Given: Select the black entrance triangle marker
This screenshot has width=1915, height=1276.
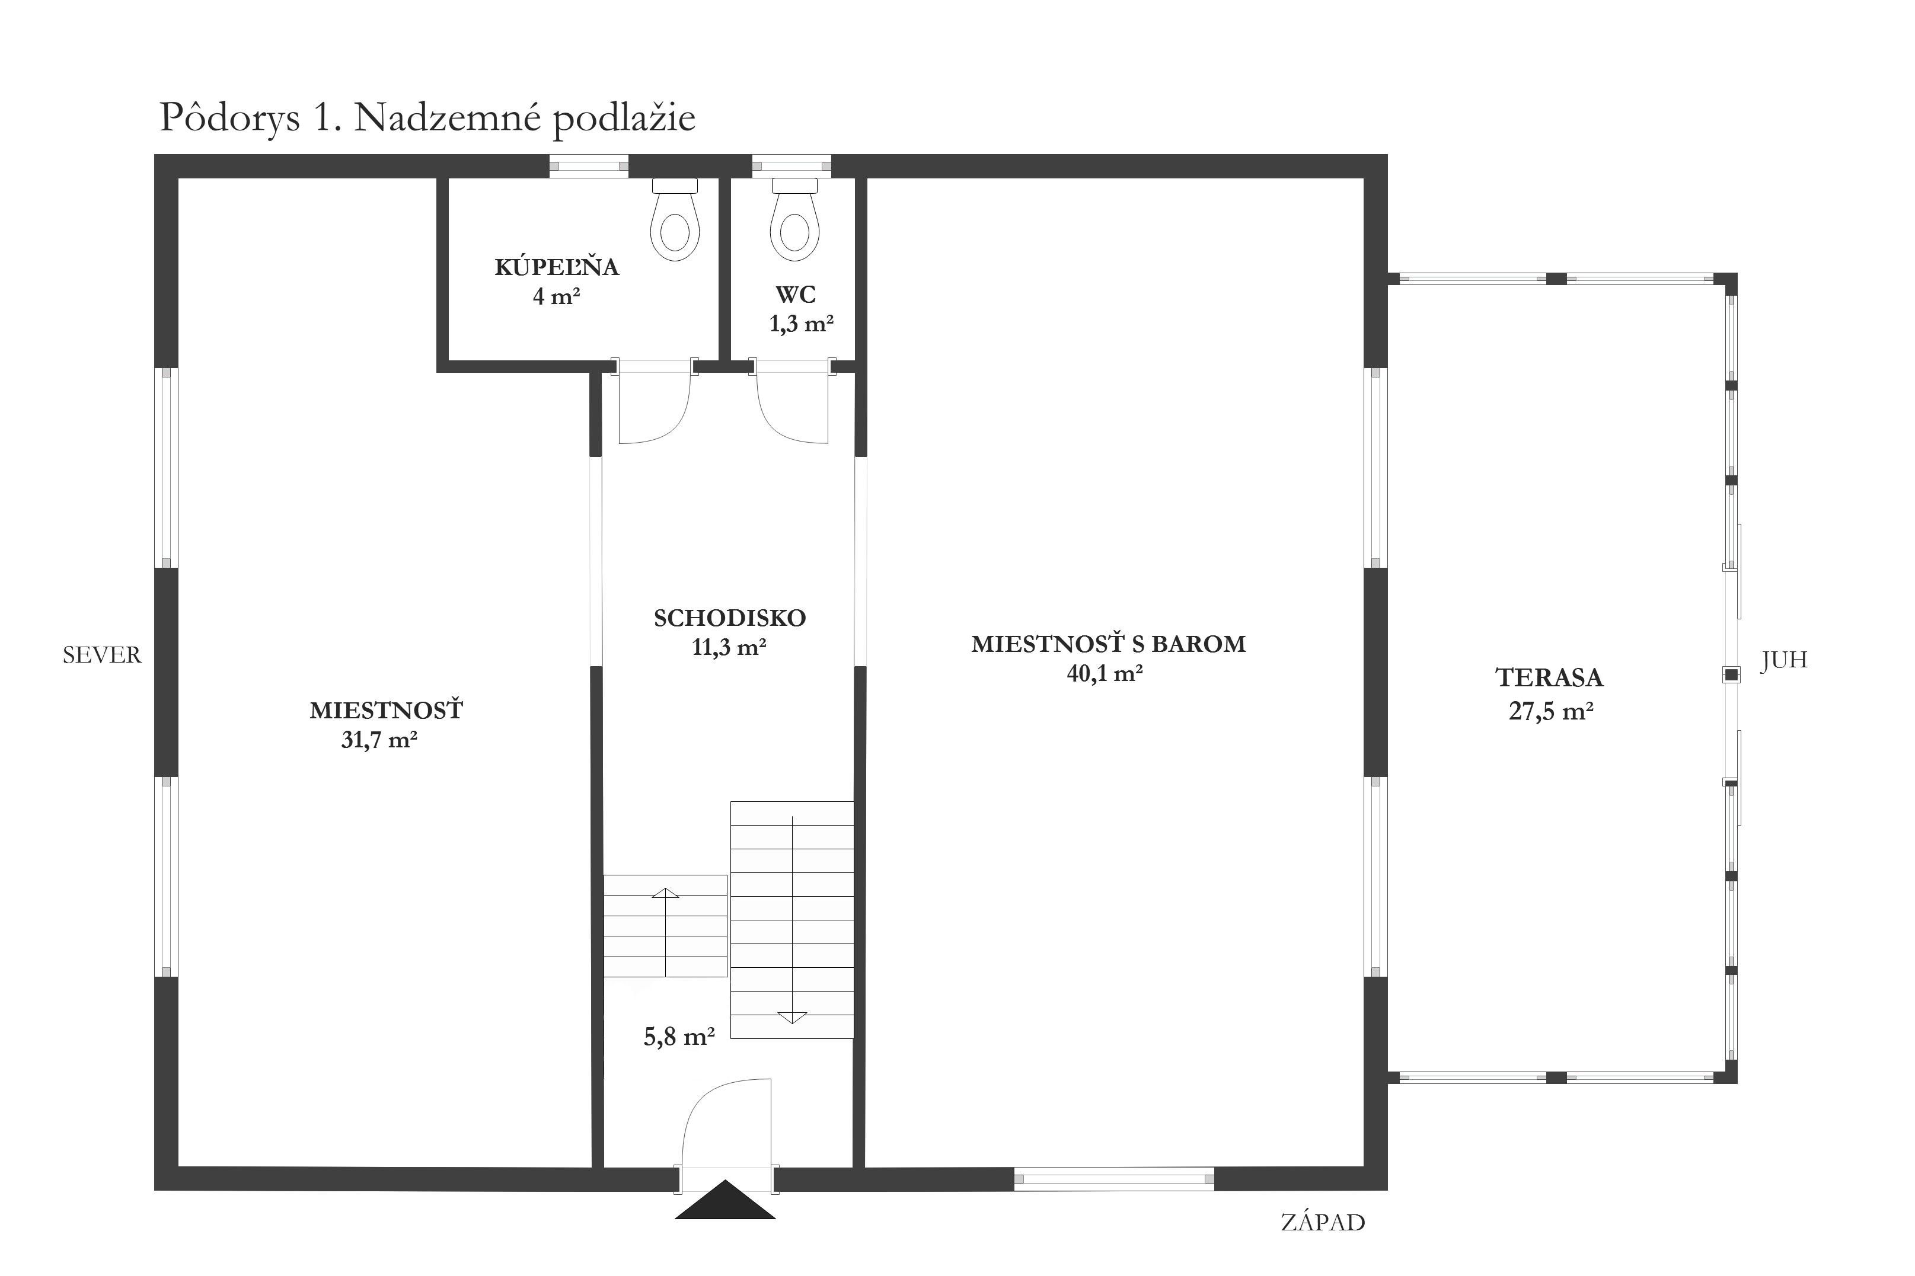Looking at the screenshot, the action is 724,1200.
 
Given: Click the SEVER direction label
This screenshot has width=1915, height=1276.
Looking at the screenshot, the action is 102,655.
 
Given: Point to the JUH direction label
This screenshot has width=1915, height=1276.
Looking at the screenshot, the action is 1784,660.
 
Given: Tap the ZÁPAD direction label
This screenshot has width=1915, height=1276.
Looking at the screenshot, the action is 1323,1222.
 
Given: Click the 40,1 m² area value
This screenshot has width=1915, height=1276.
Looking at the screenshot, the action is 1105,673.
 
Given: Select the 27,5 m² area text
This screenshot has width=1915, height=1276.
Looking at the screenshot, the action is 1550,711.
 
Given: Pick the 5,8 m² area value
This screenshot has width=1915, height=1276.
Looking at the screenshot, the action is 679,1037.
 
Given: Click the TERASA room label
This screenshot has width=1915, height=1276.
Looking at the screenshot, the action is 1549,678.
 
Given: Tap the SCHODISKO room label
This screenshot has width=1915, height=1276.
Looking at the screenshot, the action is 729,619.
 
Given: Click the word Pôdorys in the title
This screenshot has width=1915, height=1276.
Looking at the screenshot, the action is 229,119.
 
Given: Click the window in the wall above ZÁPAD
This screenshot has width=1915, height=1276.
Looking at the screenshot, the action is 1113,1178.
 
